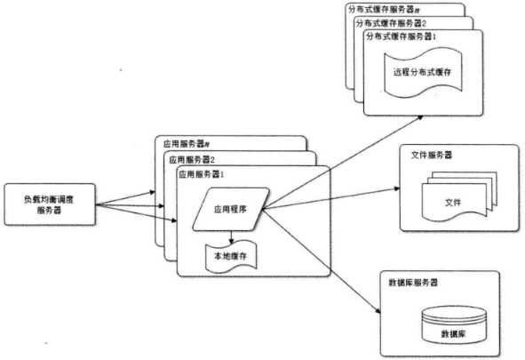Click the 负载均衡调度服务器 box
(x=50, y=204)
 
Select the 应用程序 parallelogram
(x=231, y=209)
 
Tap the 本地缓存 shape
(x=231, y=255)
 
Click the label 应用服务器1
(x=201, y=174)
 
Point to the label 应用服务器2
(x=192, y=160)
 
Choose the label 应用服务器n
(x=187, y=144)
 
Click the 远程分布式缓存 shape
(x=423, y=72)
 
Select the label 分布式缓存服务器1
(x=401, y=36)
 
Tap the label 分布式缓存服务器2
(x=391, y=23)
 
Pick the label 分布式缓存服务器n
(x=384, y=10)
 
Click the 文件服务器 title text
(x=431, y=155)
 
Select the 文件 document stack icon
(x=459, y=196)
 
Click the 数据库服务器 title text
(x=413, y=283)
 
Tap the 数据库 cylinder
(x=454, y=325)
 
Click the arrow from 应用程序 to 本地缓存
(x=231, y=237)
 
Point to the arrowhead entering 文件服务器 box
(x=397, y=188)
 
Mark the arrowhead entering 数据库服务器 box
(x=378, y=311)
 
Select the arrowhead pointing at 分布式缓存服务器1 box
(x=420, y=117)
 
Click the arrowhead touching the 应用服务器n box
(x=152, y=192)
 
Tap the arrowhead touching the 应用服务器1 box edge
(x=174, y=220)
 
